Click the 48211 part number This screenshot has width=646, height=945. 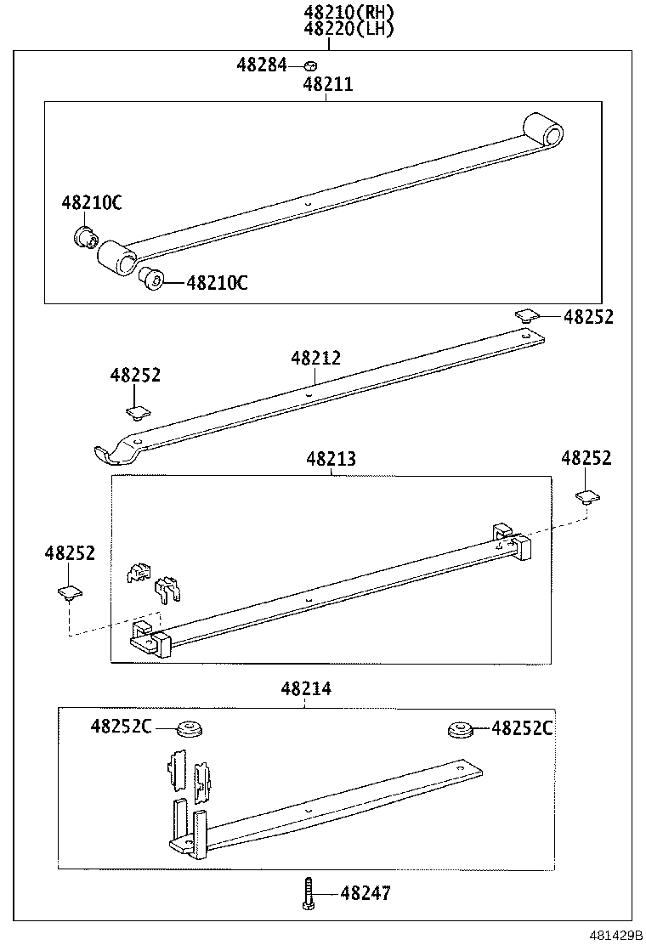(328, 85)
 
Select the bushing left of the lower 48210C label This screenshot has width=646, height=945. (150, 278)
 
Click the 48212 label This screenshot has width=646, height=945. (315, 359)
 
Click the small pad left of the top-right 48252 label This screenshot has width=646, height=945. (527, 316)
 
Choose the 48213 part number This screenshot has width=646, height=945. (331, 460)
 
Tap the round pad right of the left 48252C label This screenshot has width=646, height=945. (189, 728)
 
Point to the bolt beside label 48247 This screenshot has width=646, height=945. (308, 893)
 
